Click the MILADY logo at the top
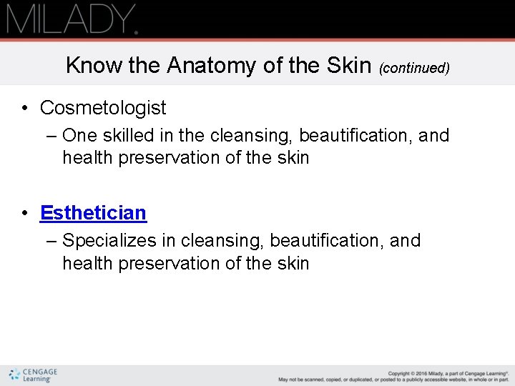click(72, 19)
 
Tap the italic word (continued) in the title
click(414, 68)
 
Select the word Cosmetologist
click(103, 108)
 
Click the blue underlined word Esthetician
click(93, 213)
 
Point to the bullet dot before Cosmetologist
click(25, 109)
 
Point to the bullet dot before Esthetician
click(25, 214)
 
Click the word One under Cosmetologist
click(79, 135)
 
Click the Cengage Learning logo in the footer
click(33, 375)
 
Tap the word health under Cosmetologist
click(88, 158)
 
